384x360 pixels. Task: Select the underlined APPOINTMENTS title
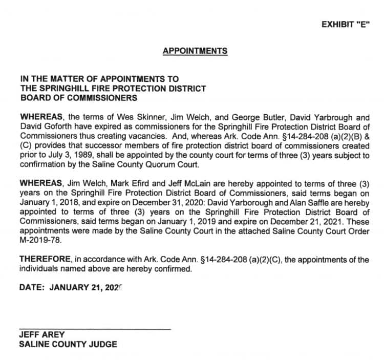[195, 51]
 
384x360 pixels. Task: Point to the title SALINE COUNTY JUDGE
[68, 344]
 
